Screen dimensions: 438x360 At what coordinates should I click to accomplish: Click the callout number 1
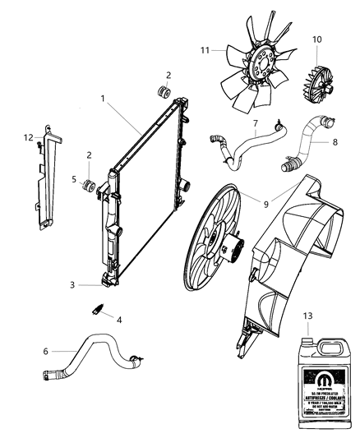(103, 99)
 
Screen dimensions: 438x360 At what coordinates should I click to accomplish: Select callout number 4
(120, 320)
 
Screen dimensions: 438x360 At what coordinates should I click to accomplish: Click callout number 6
(47, 352)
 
